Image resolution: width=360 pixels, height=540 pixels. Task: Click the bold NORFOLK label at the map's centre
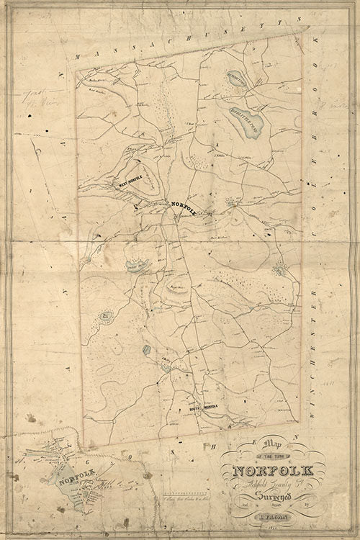[183, 207]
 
